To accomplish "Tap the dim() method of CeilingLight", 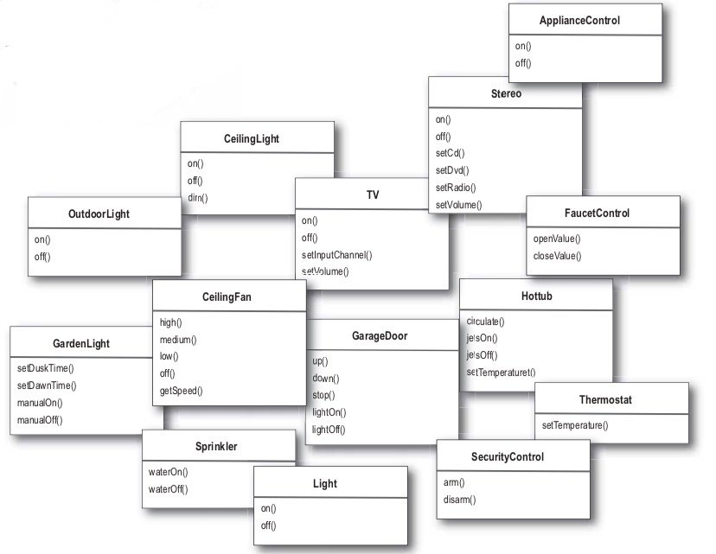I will pos(198,198).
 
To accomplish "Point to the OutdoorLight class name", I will pos(99,213).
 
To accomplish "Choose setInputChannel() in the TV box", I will pos(336,255).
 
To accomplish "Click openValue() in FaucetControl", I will pos(557,239).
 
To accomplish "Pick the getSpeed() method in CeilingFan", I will pos(181,391).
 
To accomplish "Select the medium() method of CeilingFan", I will pos(178,340).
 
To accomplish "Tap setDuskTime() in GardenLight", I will pos(46,368).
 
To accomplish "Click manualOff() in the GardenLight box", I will pos(40,420).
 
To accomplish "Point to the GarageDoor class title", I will pos(379,335).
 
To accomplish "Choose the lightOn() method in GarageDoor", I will pos(329,412).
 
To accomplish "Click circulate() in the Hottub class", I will pos(485,322).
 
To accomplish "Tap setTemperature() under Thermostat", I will pos(575,425).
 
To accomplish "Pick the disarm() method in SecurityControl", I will pos(460,500).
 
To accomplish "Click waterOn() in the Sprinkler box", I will pos(168,472).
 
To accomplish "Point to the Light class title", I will pos(324,484).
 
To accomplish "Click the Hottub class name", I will pos(536,296).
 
